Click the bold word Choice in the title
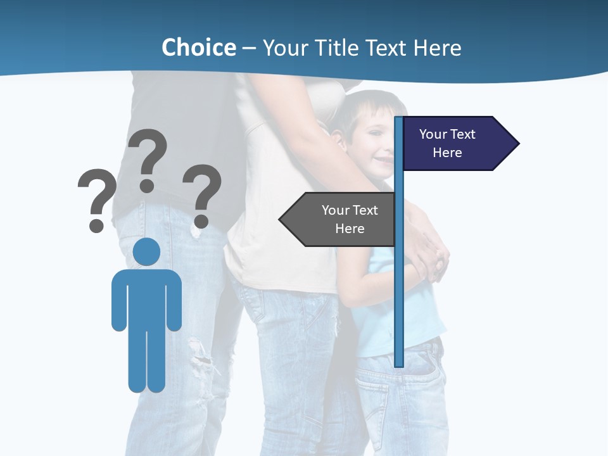tap(198, 47)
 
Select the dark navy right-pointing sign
tap(453, 144)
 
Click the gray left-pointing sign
tap(342, 219)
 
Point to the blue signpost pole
tap(399, 285)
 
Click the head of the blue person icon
tap(146, 251)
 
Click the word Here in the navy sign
tap(447, 153)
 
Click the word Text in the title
tap(387, 48)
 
